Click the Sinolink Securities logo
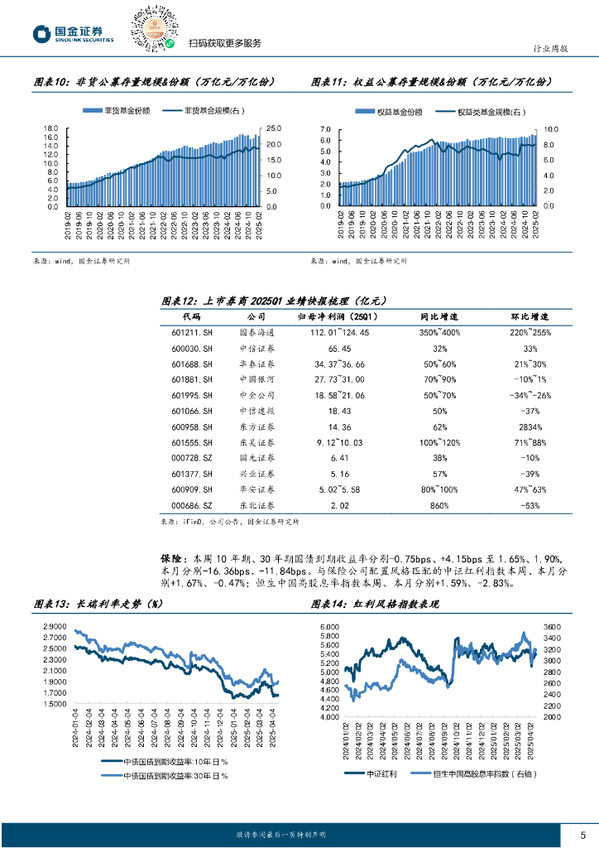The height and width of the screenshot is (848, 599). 72,34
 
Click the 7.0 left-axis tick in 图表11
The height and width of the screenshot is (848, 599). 324,130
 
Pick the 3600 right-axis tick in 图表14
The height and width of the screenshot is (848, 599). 553,627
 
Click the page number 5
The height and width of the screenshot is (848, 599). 582,834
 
